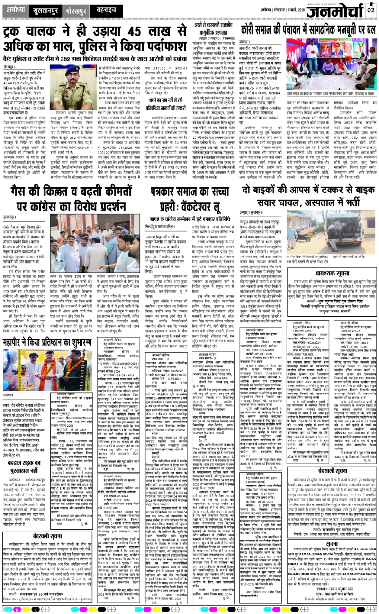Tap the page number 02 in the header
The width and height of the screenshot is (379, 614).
pos(370,10)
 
